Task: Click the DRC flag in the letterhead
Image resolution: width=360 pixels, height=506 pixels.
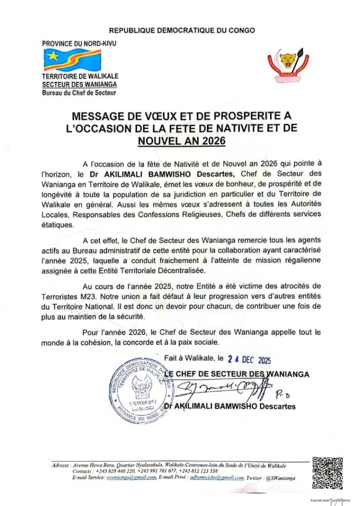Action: click(x=72, y=60)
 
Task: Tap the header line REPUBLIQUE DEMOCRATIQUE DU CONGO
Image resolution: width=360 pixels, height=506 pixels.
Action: click(x=182, y=31)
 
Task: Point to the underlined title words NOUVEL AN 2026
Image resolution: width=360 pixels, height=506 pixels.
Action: click(x=181, y=141)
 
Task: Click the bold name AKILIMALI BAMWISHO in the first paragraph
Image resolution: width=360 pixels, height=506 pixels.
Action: click(x=150, y=174)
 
